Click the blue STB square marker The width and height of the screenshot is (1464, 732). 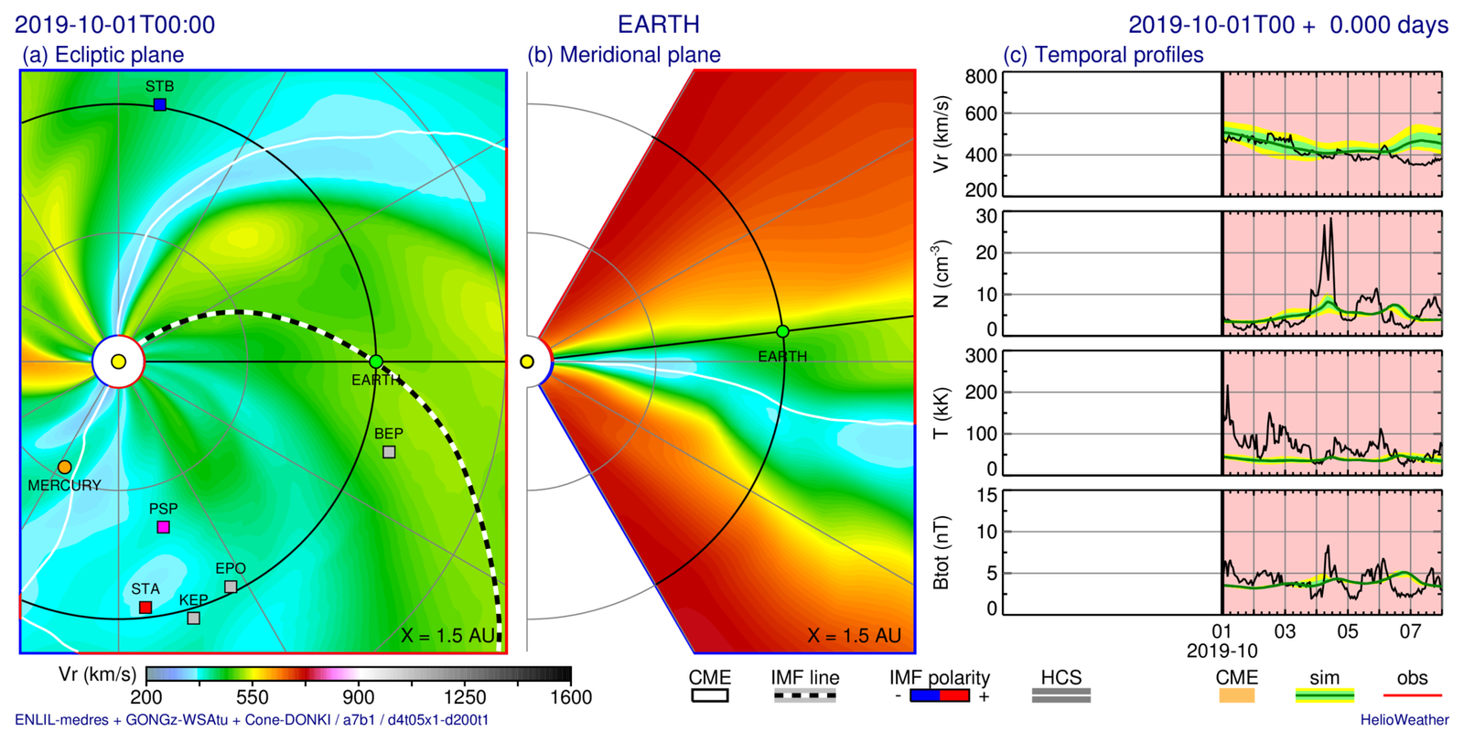pyautogui.click(x=160, y=105)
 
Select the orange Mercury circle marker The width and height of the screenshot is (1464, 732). pyautogui.click(x=64, y=468)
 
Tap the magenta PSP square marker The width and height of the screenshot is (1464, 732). pyautogui.click(x=163, y=527)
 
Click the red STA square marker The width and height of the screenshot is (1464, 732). pyautogui.click(x=145, y=608)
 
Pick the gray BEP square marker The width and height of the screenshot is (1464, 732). pyautogui.click(x=389, y=452)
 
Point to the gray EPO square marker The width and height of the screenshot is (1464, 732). pyautogui.click(x=231, y=587)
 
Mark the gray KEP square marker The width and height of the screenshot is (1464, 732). pyautogui.click(x=193, y=619)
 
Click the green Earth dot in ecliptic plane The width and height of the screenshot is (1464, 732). pyautogui.click(x=376, y=362)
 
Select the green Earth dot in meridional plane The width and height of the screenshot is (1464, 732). pyautogui.click(x=782, y=331)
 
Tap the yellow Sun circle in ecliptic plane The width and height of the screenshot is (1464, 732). pyautogui.click(x=118, y=362)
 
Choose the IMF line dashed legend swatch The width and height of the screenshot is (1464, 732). pyautogui.click(x=805, y=696)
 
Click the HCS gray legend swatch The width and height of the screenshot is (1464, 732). pyautogui.click(x=1061, y=696)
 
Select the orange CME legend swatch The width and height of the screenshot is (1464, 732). pyautogui.click(x=1236, y=696)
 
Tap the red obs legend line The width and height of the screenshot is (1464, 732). pyautogui.click(x=1412, y=696)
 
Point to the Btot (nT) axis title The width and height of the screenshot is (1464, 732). pyautogui.click(x=941, y=553)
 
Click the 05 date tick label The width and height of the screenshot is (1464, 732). pyautogui.click(x=1348, y=631)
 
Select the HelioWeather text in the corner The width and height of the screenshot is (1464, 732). pyautogui.click(x=1405, y=720)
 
